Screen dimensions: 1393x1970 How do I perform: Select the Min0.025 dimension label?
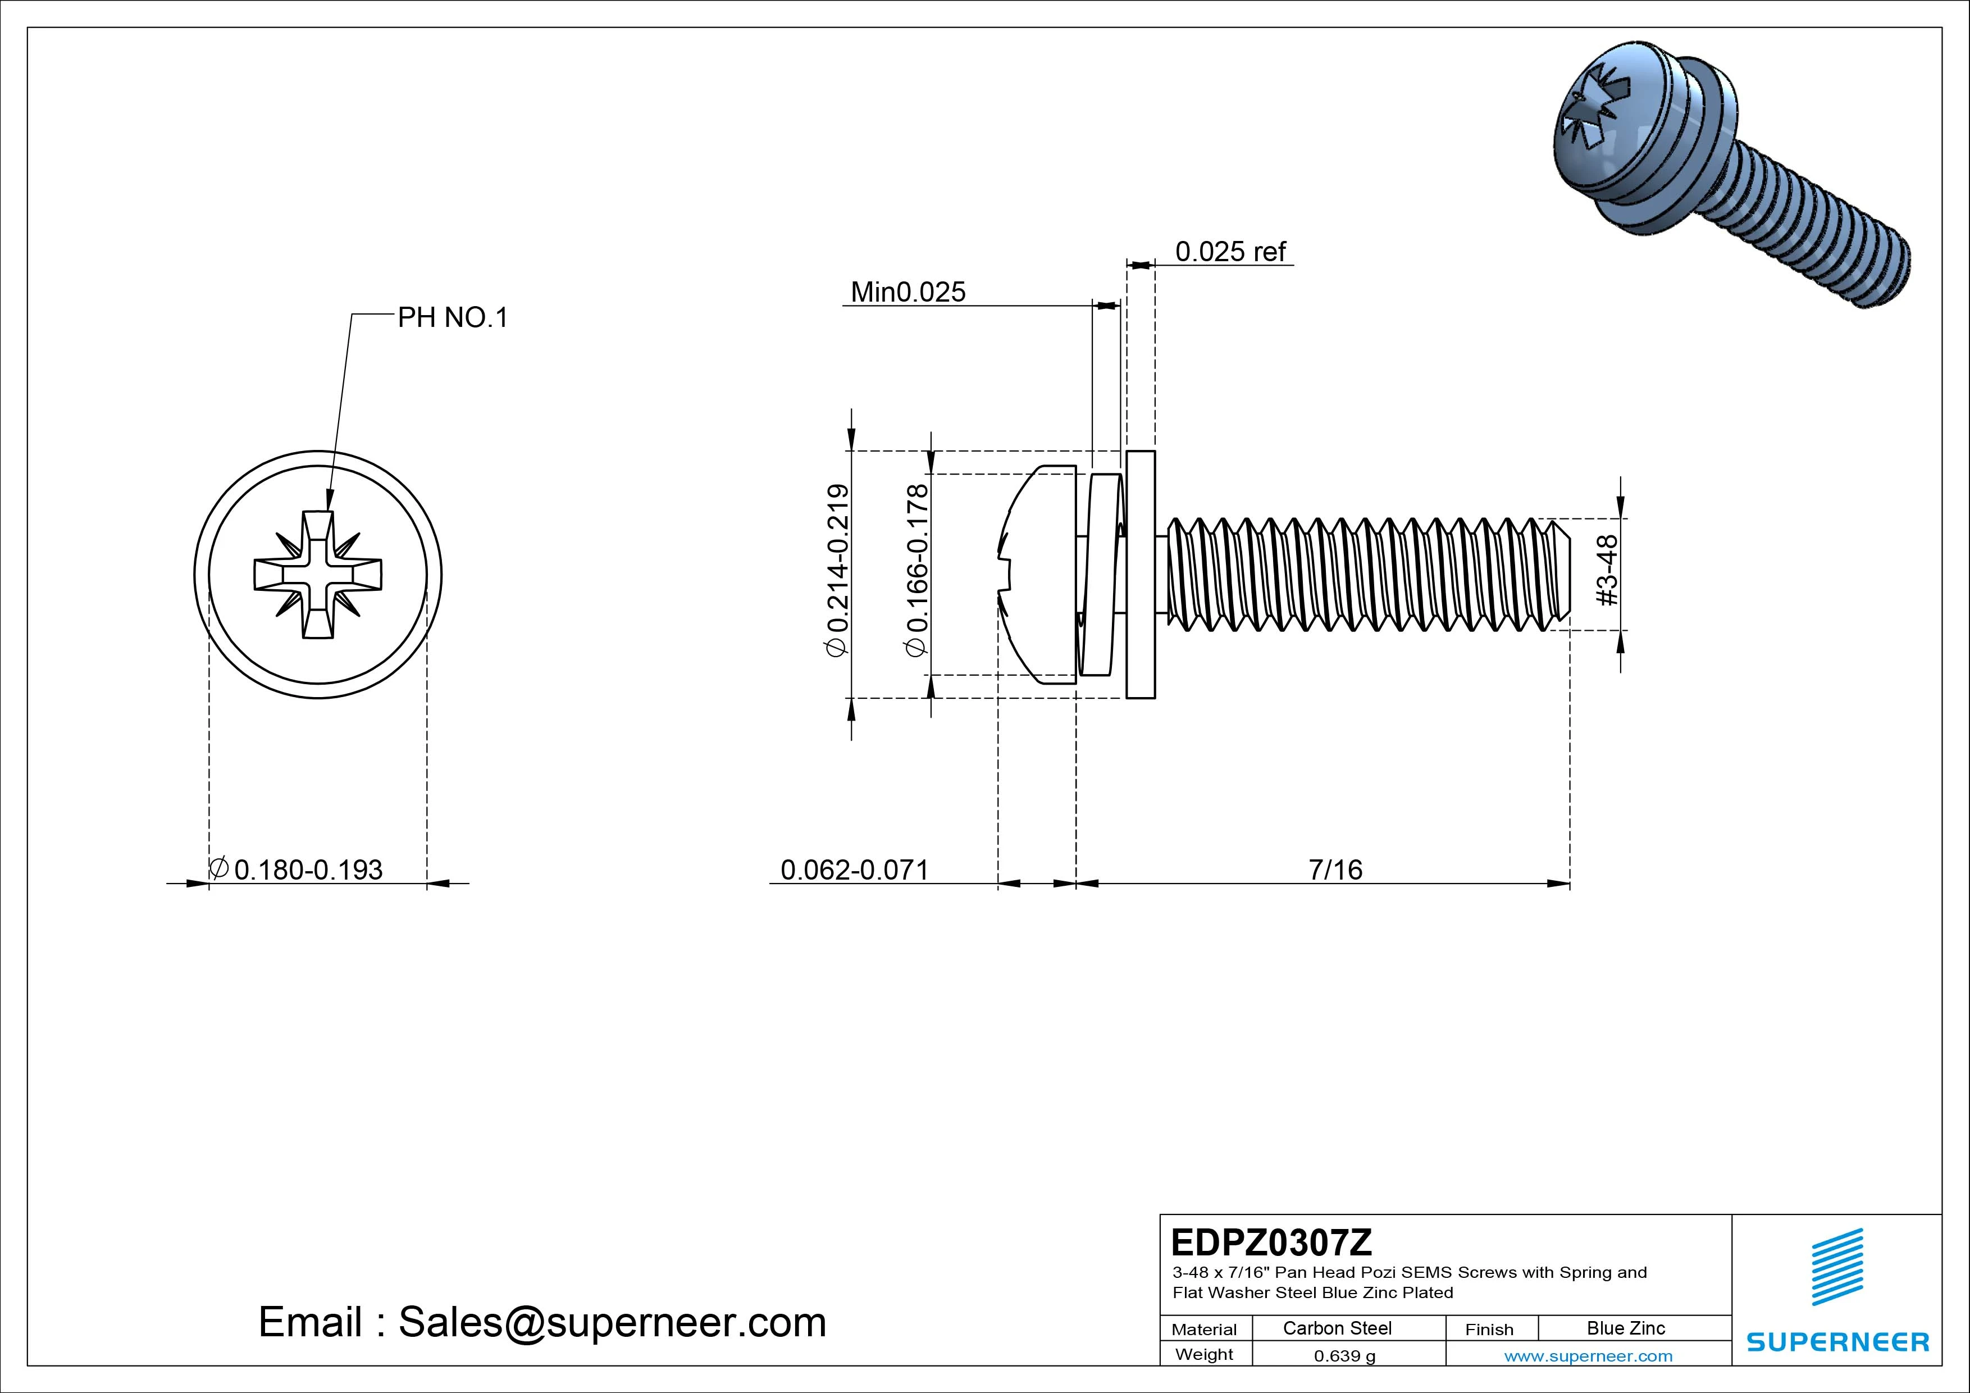(908, 293)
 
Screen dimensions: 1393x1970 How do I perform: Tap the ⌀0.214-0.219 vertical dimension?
(837, 571)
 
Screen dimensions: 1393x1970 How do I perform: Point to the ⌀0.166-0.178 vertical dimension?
(916, 571)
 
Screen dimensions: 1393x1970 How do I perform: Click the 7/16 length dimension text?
(1335, 870)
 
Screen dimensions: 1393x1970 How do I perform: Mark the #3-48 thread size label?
(1607, 570)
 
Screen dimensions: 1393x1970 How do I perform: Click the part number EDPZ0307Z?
(1271, 1242)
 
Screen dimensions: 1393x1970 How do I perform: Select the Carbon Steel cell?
(1337, 1328)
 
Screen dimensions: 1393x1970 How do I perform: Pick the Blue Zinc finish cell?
(1625, 1328)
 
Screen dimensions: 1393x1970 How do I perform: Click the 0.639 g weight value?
(1344, 1356)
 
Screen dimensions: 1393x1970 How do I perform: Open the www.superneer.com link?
(1588, 1356)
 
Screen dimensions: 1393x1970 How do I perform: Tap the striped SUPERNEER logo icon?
(1837, 1267)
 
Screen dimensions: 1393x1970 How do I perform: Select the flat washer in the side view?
(1141, 574)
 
